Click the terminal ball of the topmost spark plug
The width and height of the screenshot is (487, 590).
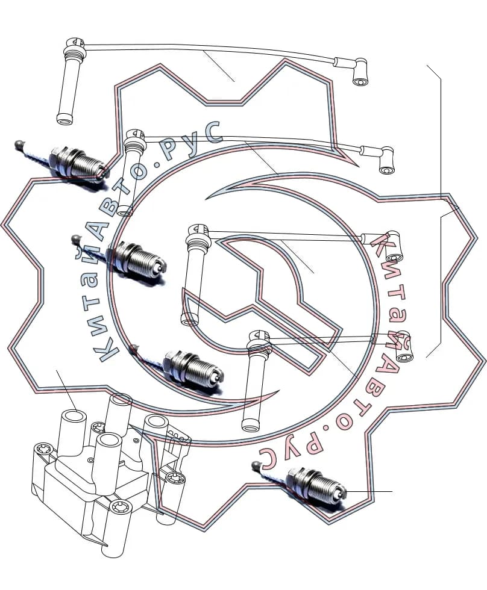[19, 144]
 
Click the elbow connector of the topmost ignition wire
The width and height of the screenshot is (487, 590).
[359, 72]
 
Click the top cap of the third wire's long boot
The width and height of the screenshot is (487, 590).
[198, 231]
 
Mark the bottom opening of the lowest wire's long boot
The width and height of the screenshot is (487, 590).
[251, 425]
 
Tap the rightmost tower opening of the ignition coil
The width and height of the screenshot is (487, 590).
[156, 421]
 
